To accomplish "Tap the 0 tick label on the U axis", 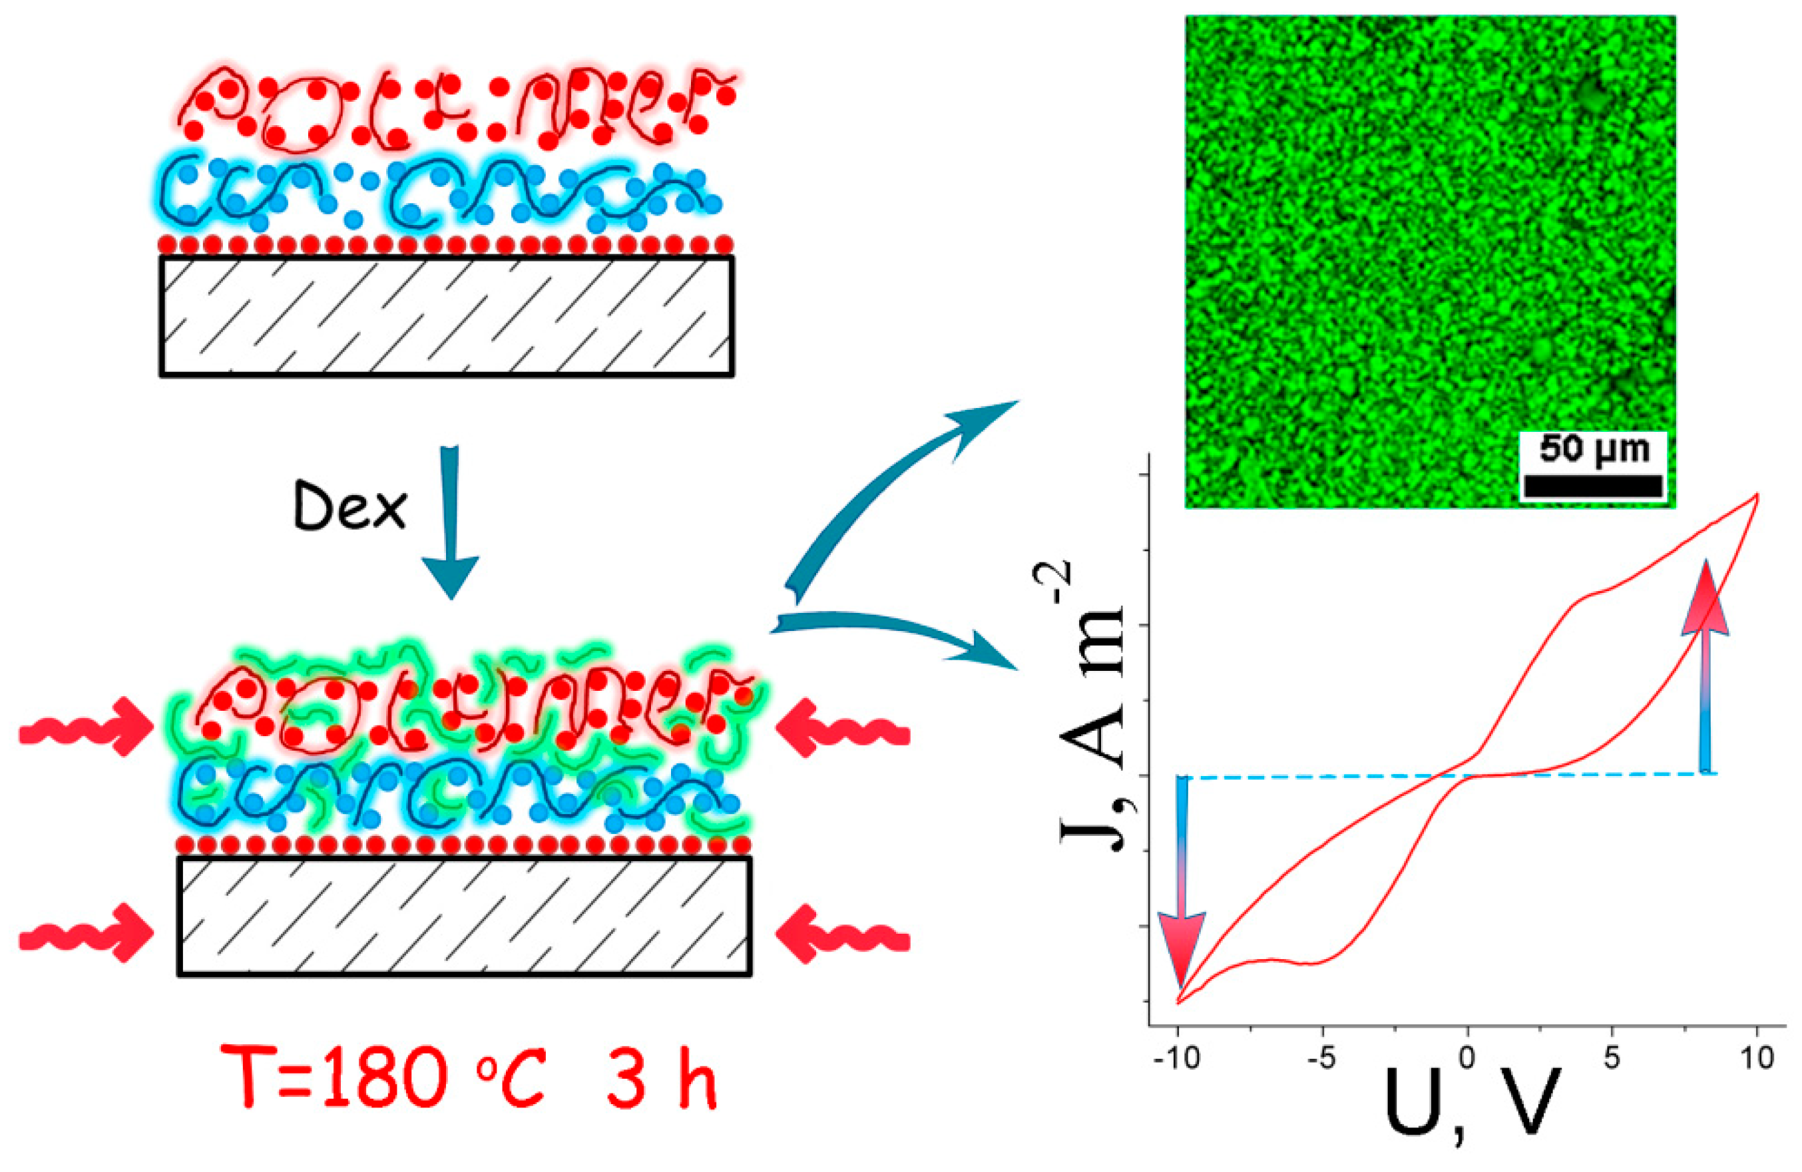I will pos(1467,1058).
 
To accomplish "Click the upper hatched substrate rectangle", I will pos(446,315).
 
